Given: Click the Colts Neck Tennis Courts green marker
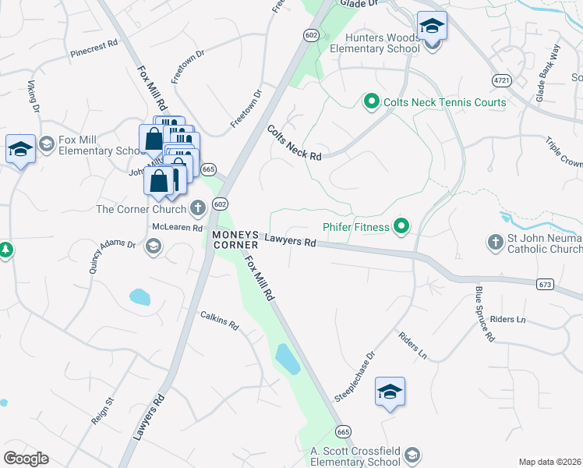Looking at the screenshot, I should [x=372, y=101].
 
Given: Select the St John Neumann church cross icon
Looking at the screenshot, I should [x=495, y=243].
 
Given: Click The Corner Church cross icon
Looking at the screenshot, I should [x=198, y=208].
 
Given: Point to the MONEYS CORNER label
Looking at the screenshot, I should [x=231, y=239].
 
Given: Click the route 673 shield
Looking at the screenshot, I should [x=545, y=285].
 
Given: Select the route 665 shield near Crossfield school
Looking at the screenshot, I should [x=344, y=431].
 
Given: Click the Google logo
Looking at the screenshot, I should [x=26, y=458].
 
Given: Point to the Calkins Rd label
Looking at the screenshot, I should [x=219, y=319].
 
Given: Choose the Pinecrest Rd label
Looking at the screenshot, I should [x=94, y=48].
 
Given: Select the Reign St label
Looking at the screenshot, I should [x=103, y=410].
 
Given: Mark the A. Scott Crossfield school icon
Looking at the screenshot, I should [x=412, y=455].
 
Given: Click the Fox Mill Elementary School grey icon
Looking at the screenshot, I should [x=47, y=144].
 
